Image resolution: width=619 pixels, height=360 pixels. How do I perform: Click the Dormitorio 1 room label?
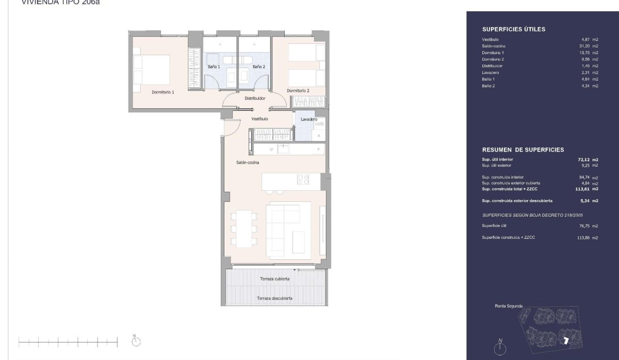coord(162,92)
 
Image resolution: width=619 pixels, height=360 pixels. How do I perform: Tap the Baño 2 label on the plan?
coord(258,67)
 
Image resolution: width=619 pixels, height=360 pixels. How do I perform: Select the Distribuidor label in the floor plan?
coord(255,98)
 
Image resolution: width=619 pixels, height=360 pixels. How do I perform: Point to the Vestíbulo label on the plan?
coord(259,119)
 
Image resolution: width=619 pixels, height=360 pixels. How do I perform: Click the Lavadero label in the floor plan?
coord(308,119)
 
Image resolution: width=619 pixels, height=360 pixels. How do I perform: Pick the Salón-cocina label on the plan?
coord(248,162)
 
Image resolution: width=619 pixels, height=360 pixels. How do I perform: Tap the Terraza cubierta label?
coord(274,279)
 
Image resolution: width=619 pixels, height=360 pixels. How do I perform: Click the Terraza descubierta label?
coord(276,299)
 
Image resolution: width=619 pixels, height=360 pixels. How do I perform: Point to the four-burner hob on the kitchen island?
coord(303,180)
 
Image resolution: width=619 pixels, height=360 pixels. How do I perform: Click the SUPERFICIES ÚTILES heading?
coord(513,29)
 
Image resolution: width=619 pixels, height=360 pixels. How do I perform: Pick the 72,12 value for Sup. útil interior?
coord(584,159)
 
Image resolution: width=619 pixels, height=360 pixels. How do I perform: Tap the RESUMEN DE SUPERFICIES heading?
coord(523,150)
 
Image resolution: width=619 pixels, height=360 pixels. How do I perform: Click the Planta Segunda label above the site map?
coord(509,306)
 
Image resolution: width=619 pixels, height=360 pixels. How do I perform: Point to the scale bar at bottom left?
coord(68,341)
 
